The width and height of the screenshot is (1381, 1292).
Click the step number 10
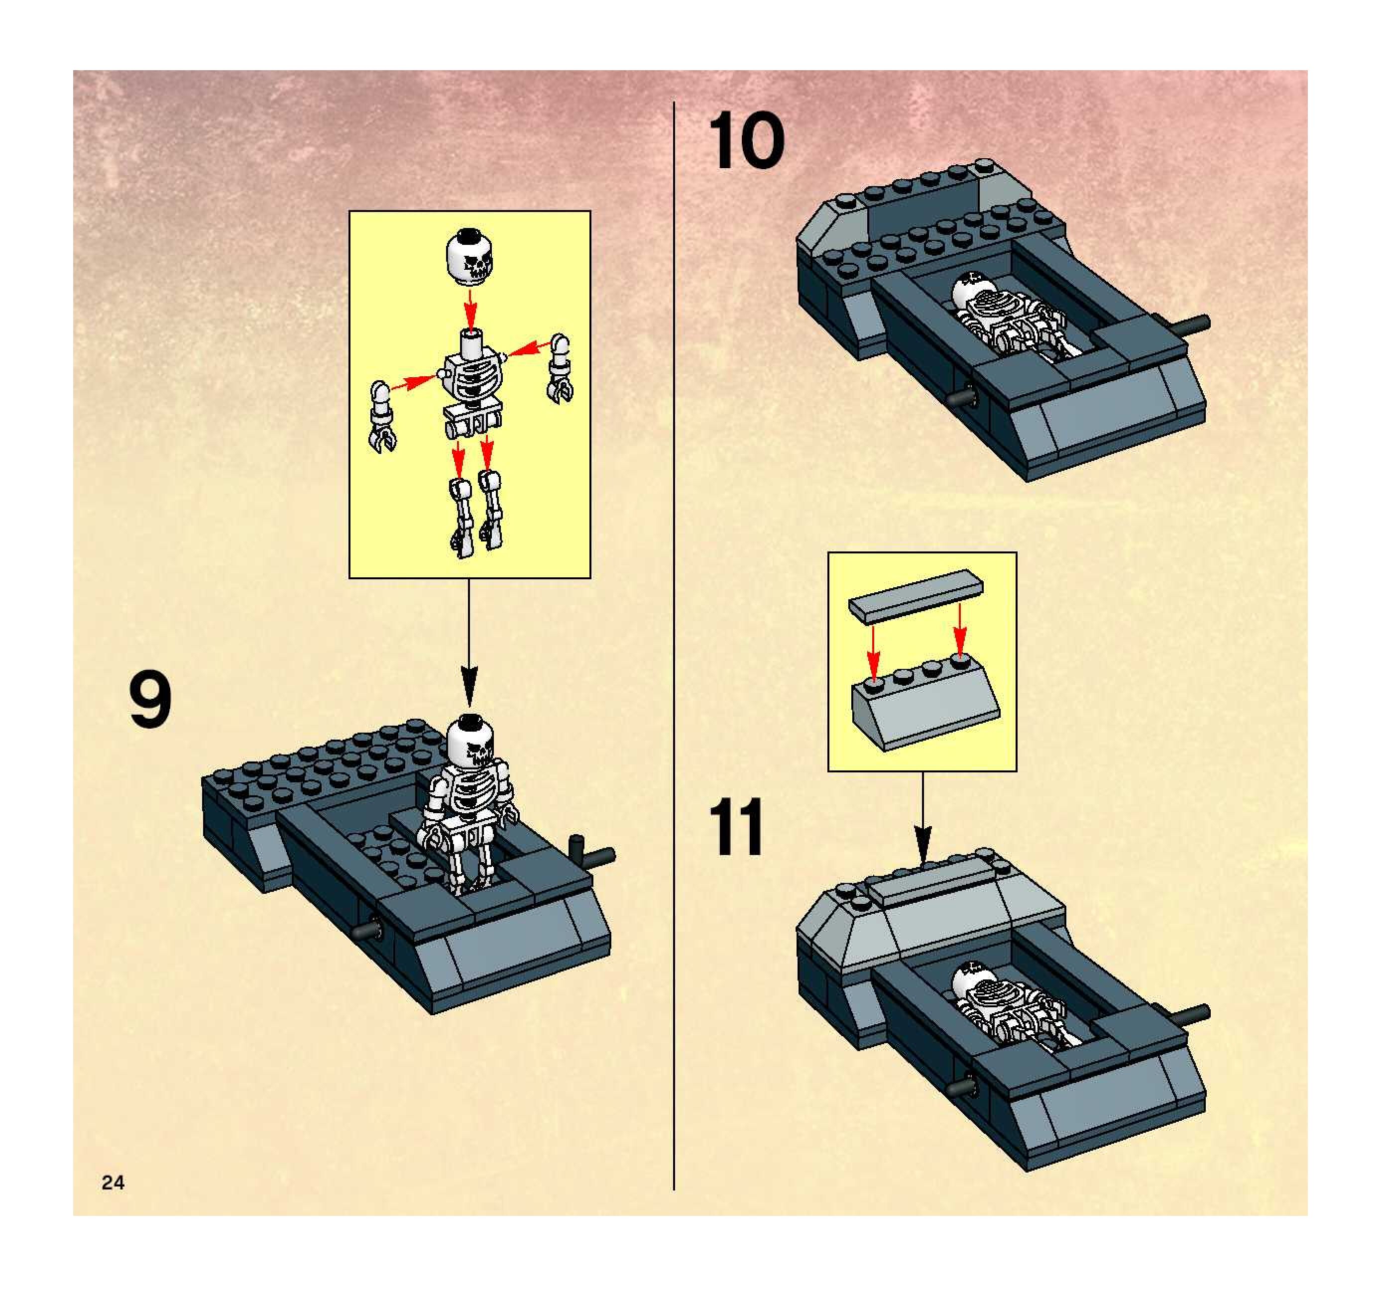[746, 142]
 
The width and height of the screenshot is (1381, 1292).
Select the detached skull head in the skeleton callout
[469, 257]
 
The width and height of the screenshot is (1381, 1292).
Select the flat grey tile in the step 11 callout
[916, 594]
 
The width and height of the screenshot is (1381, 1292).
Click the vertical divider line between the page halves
[674, 625]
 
